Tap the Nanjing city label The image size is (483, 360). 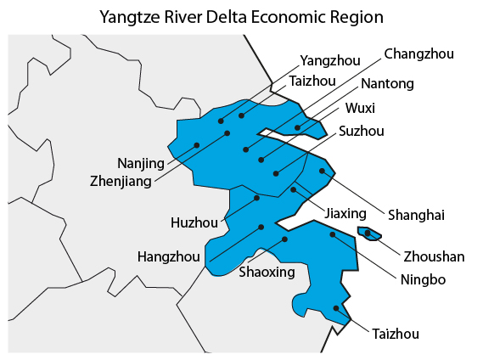click(x=141, y=162)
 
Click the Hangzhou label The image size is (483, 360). click(x=169, y=256)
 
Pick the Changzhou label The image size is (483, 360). click(x=418, y=54)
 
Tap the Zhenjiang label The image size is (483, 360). click(x=121, y=181)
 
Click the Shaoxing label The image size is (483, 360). click(x=267, y=272)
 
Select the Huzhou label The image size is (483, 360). click(x=194, y=223)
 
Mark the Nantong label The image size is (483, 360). click(x=387, y=83)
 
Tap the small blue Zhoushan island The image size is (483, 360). click(x=370, y=233)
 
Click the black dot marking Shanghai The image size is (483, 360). click(x=322, y=171)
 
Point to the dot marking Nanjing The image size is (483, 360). click(x=197, y=145)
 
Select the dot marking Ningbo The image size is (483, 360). click(x=333, y=234)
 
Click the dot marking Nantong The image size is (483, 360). click(x=297, y=127)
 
